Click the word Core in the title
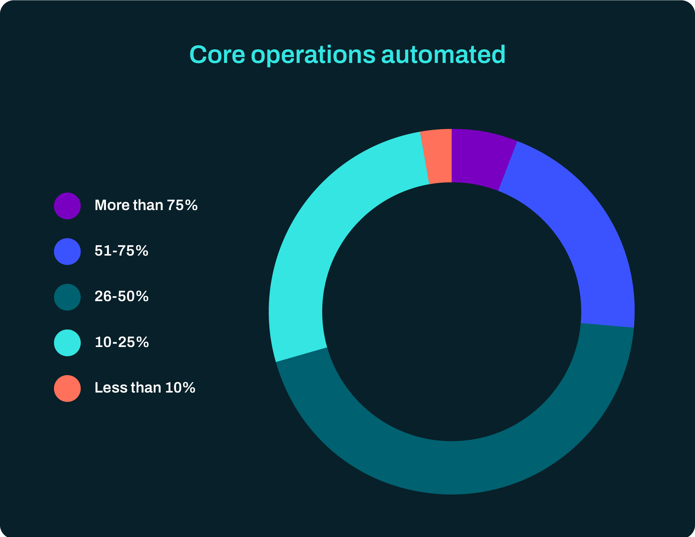coord(217,55)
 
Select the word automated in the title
coord(443,55)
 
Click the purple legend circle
coord(67,206)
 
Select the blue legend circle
coord(67,252)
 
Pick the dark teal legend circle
coord(67,297)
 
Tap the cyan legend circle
coord(67,343)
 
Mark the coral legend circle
coord(67,388)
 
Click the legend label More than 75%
coord(146,205)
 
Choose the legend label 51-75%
coord(121,251)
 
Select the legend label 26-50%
coord(121,296)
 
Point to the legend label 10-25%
coord(122,342)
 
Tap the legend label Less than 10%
coord(145,388)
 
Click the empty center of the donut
coord(451,312)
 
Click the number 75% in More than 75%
coord(182,205)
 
